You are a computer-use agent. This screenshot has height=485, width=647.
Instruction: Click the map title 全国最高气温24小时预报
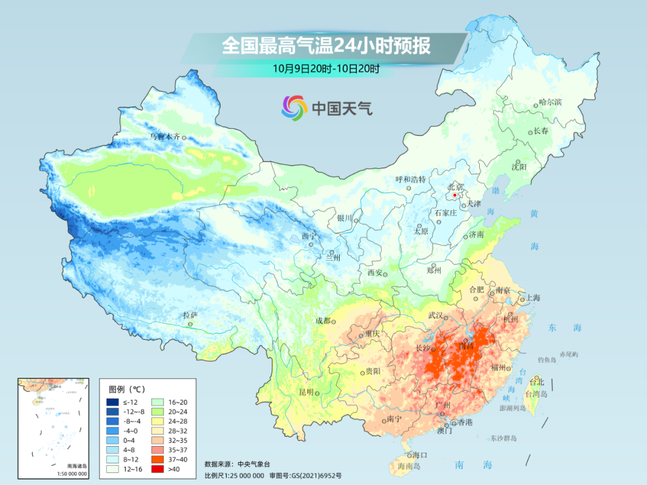click(x=326, y=46)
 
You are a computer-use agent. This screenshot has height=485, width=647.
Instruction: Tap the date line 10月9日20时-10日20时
click(x=326, y=68)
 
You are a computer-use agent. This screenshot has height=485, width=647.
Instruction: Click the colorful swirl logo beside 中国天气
click(x=294, y=108)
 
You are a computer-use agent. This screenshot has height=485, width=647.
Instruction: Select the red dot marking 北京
click(x=455, y=195)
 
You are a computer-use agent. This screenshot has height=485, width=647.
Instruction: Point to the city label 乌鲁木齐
click(x=164, y=137)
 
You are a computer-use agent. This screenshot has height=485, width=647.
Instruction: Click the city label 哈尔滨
click(x=550, y=102)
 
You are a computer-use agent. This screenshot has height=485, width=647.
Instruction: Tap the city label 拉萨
click(x=189, y=315)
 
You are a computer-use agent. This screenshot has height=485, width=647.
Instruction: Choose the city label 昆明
click(x=306, y=392)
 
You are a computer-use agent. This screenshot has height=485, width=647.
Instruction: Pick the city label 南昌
click(x=466, y=345)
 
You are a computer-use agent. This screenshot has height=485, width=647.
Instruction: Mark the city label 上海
click(x=533, y=298)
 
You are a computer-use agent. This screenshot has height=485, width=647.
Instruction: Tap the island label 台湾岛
click(x=536, y=394)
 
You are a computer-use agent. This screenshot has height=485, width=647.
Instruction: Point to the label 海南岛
click(x=407, y=465)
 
